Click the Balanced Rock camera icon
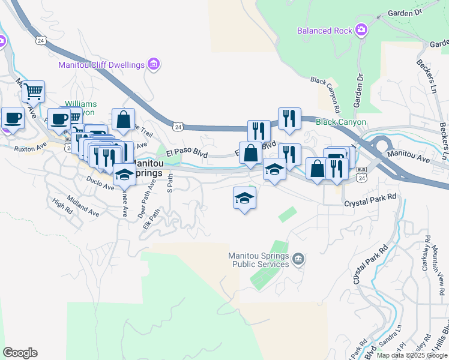coord(361,29)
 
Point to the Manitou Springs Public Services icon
coord(299,259)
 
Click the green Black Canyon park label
coord(340,122)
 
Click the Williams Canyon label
coord(80,107)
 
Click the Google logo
coord(20,353)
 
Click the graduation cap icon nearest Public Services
coord(245,198)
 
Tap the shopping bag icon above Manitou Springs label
coord(123,119)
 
